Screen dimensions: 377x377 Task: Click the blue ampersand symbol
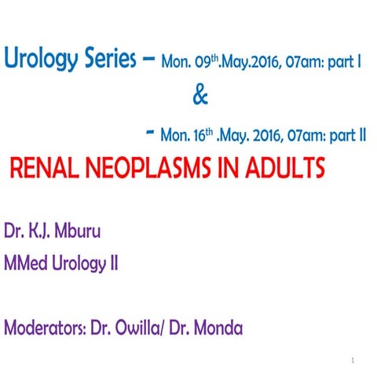pos(200,98)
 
